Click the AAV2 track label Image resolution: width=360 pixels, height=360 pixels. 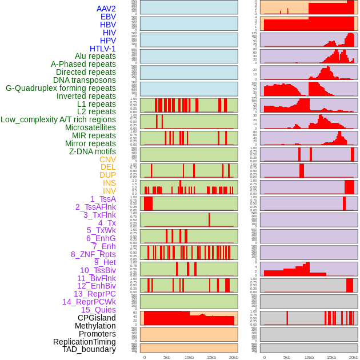[106, 9]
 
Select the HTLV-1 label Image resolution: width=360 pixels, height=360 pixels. [103, 49]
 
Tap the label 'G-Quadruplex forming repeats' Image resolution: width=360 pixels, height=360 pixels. [61, 88]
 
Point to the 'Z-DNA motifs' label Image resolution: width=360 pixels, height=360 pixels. [93, 151]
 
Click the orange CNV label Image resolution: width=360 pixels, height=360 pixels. [107, 159]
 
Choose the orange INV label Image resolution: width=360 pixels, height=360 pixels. [109, 191]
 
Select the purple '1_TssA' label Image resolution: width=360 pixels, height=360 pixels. [103, 199]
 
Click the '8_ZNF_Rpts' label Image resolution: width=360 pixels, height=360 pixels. [93, 254]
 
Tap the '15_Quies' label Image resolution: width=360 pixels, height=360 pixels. [98, 310]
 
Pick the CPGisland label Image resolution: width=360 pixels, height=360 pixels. [97, 318]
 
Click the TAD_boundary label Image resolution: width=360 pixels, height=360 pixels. [89, 349]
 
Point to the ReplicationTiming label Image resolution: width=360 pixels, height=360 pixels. [85, 342]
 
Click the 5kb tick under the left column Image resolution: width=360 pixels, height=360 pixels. [167, 357]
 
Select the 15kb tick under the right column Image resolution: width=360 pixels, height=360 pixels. [331, 357]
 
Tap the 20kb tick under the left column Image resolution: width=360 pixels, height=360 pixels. [234, 357]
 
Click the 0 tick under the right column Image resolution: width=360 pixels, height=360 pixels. [264, 357]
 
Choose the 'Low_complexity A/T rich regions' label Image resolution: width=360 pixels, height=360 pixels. [58, 119]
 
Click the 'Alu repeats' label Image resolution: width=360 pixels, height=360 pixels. [95, 56]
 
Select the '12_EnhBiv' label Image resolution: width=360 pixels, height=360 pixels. [97, 286]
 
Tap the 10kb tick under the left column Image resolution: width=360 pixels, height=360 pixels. [189, 357]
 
